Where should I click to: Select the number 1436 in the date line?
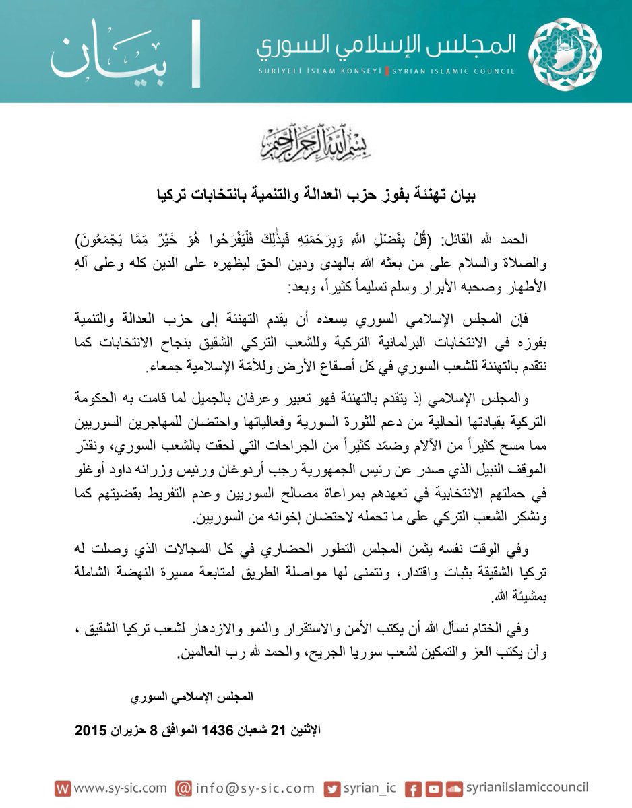coord(210,730)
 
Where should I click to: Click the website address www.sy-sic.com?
coord(120,788)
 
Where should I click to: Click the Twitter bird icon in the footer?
coord(331,788)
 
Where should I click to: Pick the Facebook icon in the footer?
coord(415,788)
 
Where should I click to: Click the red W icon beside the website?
coord(62,788)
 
